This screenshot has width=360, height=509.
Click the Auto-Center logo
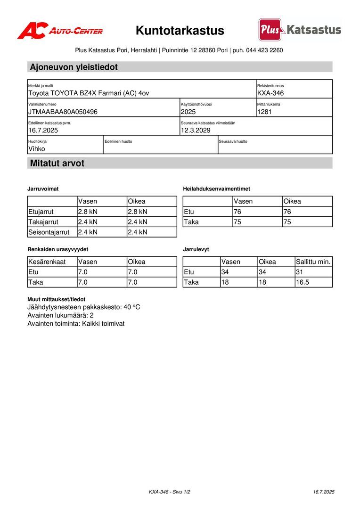(x=60, y=31)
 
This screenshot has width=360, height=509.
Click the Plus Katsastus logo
(x=300, y=30)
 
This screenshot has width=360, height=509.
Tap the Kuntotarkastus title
(x=180, y=31)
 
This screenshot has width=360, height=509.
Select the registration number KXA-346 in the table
(x=270, y=93)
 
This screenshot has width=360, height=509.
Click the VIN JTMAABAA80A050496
(x=63, y=112)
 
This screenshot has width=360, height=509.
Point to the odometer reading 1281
(x=264, y=112)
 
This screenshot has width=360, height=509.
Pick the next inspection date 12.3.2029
(x=196, y=131)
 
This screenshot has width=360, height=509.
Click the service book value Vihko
(x=37, y=149)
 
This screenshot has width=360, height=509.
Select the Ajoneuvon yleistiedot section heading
(x=74, y=67)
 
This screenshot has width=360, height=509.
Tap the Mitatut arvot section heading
(x=57, y=164)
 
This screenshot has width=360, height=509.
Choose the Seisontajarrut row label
(x=49, y=232)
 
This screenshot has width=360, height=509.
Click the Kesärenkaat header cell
(x=47, y=262)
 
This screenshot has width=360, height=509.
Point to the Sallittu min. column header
(x=313, y=262)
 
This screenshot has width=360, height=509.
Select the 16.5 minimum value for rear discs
(x=303, y=282)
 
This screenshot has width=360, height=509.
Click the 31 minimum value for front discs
(x=300, y=272)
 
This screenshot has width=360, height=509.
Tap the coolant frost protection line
(x=84, y=307)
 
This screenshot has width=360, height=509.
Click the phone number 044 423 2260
(x=264, y=50)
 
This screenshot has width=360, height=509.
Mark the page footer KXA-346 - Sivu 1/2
(x=170, y=492)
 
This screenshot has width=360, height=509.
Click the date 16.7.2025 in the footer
(x=324, y=492)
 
